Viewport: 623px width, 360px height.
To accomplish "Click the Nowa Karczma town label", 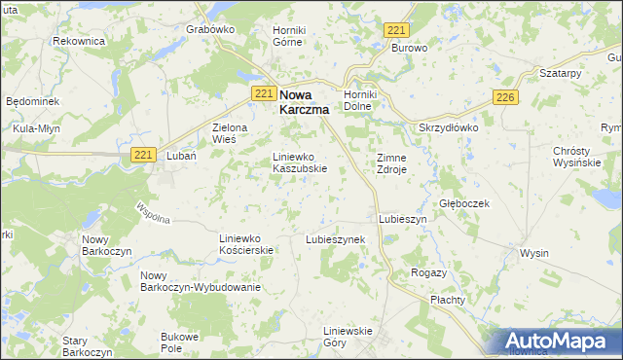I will click(x=304, y=103).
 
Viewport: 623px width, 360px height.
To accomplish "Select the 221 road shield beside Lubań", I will click(x=143, y=155).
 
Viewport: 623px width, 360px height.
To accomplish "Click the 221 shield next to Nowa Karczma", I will click(x=263, y=92).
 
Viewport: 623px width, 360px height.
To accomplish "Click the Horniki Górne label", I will click(x=289, y=37).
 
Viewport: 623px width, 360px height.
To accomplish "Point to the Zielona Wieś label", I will click(x=231, y=133).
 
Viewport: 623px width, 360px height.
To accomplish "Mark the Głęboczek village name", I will click(x=463, y=203).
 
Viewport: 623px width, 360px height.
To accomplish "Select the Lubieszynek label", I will click(x=335, y=238).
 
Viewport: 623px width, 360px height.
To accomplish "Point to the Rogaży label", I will click(x=428, y=272).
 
